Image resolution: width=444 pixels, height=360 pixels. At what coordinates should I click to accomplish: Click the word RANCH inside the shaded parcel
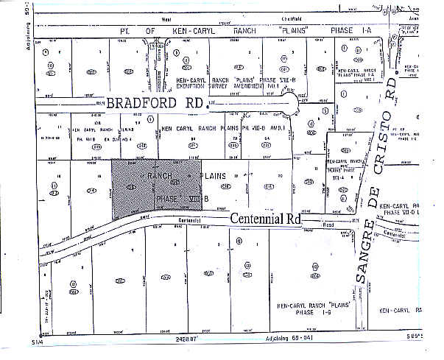[160, 177]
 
